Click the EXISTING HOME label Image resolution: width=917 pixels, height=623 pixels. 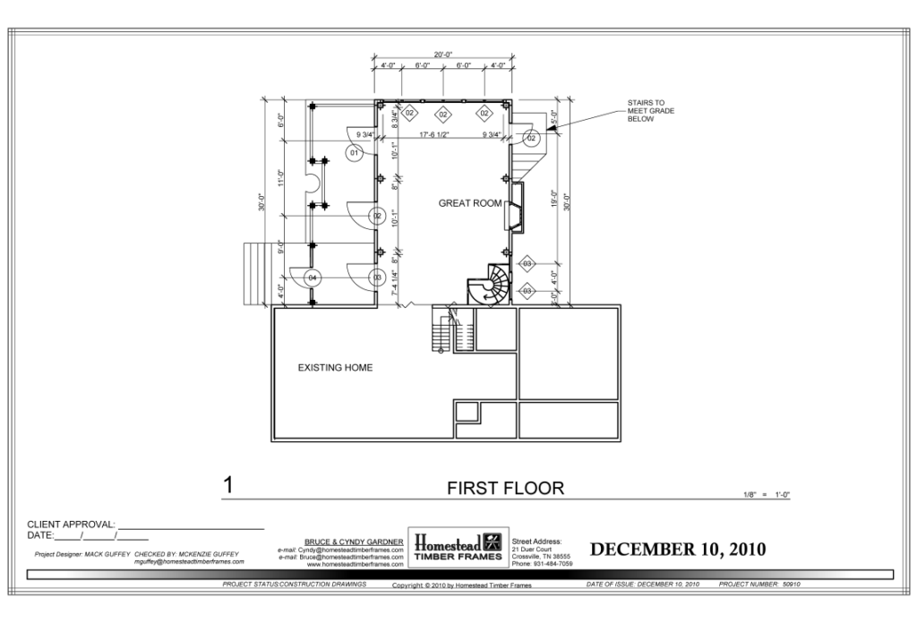pyautogui.click(x=335, y=368)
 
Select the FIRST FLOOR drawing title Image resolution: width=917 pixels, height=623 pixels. pyautogui.click(x=505, y=488)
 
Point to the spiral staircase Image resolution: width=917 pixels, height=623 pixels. pyautogui.click(x=488, y=285)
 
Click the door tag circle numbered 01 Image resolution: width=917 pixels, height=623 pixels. pyautogui.click(x=354, y=154)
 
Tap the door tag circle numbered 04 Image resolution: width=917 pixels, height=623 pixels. pyautogui.click(x=313, y=278)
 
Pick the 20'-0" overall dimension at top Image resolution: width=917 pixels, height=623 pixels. pyautogui.click(x=442, y=54)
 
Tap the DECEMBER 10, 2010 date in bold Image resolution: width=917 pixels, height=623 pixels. pyautogui.click(x=677, y=549)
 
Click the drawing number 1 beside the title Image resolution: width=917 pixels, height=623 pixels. pyautogui.click(x=228, y=486)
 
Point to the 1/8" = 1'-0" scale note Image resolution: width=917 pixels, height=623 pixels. pyautogui.click(x=772, y=495)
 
